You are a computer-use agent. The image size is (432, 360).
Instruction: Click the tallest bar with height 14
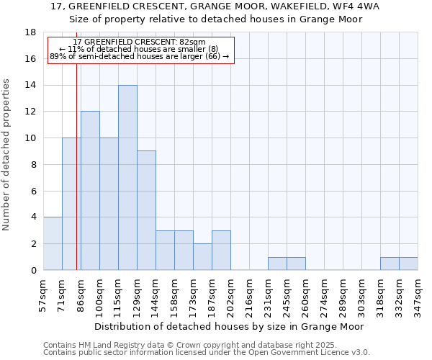coord(127,178)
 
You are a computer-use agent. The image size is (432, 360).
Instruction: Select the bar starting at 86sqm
coord(90,191)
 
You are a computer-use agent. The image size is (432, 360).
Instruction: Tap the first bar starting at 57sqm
coord(53,243)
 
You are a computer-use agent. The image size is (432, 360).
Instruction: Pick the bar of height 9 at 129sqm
coord(146,210)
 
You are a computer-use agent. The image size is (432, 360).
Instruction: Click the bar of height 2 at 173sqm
coord(202,256)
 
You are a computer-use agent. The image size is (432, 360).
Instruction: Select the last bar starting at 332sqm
coord(408,264)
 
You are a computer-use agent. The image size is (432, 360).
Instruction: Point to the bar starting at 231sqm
coord(277,264)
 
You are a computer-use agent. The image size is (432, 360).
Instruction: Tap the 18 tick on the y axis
coord(32,32)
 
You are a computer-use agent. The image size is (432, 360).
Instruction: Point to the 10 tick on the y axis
coord(32,138)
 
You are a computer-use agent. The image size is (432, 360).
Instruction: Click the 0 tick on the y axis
coord(34,270)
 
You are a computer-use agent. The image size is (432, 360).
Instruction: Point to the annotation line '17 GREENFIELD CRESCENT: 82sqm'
coord(140,42)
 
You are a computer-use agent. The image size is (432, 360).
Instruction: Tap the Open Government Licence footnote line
coord(207,353)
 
